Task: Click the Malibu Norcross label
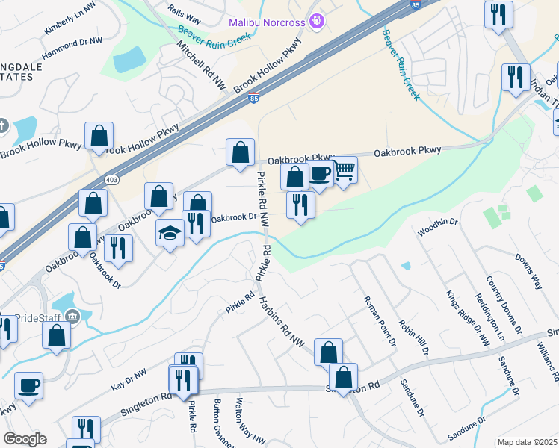[x=267, y=22]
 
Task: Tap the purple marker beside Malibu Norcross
[x=317, y=22]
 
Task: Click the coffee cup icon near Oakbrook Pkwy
[x=320, y=173]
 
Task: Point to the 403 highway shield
[x=112, y=180]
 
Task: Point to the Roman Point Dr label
[x=379, y=321]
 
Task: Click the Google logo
[x=25, y=439]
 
